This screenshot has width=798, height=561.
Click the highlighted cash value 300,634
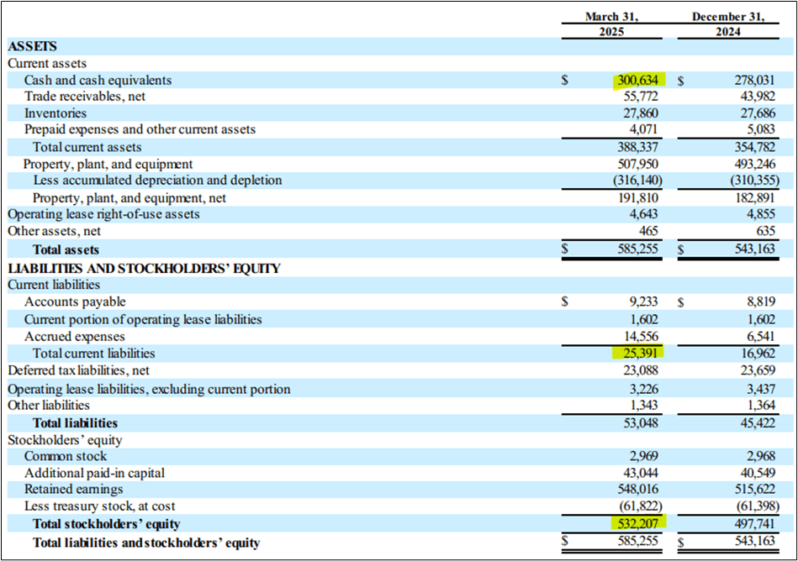[639, 81]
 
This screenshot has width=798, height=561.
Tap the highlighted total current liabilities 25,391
[639, 354]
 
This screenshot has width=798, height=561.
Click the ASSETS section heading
[32, 47]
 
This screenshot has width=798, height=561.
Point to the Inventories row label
[55, 113]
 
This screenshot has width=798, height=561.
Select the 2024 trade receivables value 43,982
[756, 97]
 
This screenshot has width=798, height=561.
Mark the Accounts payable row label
[75, 302]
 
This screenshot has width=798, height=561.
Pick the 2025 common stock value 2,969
[645, 456]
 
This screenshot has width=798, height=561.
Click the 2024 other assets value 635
[765, 231]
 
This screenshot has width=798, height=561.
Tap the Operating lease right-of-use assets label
[103, 214]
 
